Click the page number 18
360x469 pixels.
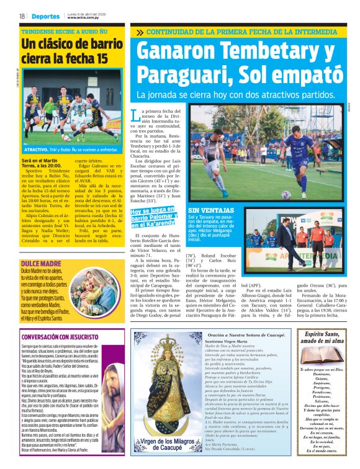pyautogui.click(x=22, y=16)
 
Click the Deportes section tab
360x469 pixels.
pyautogui.click(x=45, y=16)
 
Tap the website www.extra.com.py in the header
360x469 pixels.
pyautogui.click(x=84, y=18)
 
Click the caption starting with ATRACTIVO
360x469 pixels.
pyautogui.click(x=71, y=150)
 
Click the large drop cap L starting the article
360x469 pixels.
pyautogui.click(x=137, y=115)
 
